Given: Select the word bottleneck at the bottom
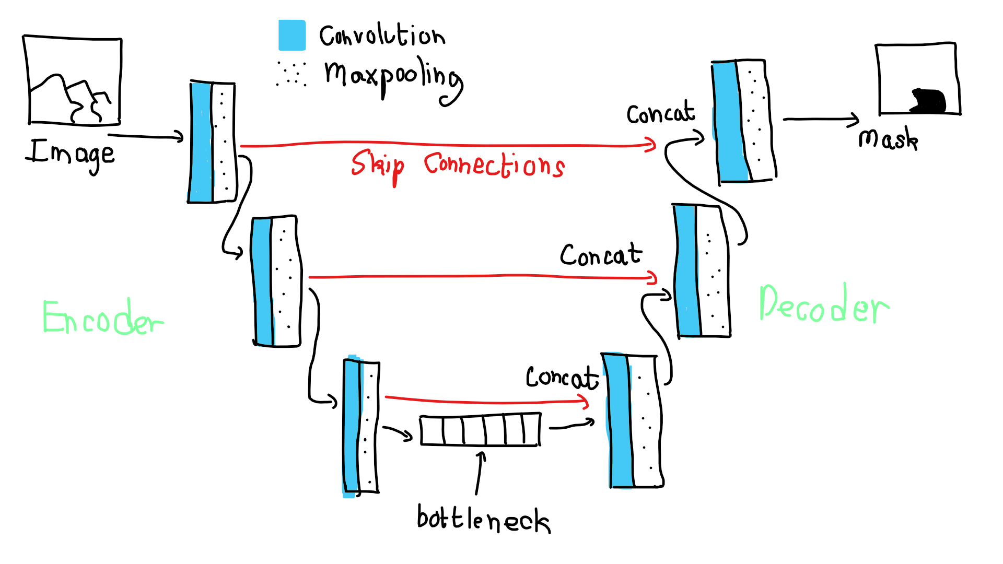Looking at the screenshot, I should click(x=483, y=519).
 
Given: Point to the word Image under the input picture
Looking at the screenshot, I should click(x=71, y=153).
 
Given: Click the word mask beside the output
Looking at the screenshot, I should click(x=888, y=139).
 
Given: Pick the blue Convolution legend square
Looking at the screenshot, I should click(x=292, y=35).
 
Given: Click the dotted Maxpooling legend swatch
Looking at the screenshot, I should click(x=291, y=74).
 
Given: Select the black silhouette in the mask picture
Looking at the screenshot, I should click(x=928, y=101).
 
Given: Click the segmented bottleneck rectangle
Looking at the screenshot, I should click(x=480, y=430).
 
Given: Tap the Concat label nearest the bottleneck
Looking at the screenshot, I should click(x=562, y=377).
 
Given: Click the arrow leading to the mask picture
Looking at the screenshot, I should click(x=820, y=120).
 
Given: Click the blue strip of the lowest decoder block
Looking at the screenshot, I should click(x=619, y=420).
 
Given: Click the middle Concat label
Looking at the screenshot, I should click(x=601, y=255).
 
